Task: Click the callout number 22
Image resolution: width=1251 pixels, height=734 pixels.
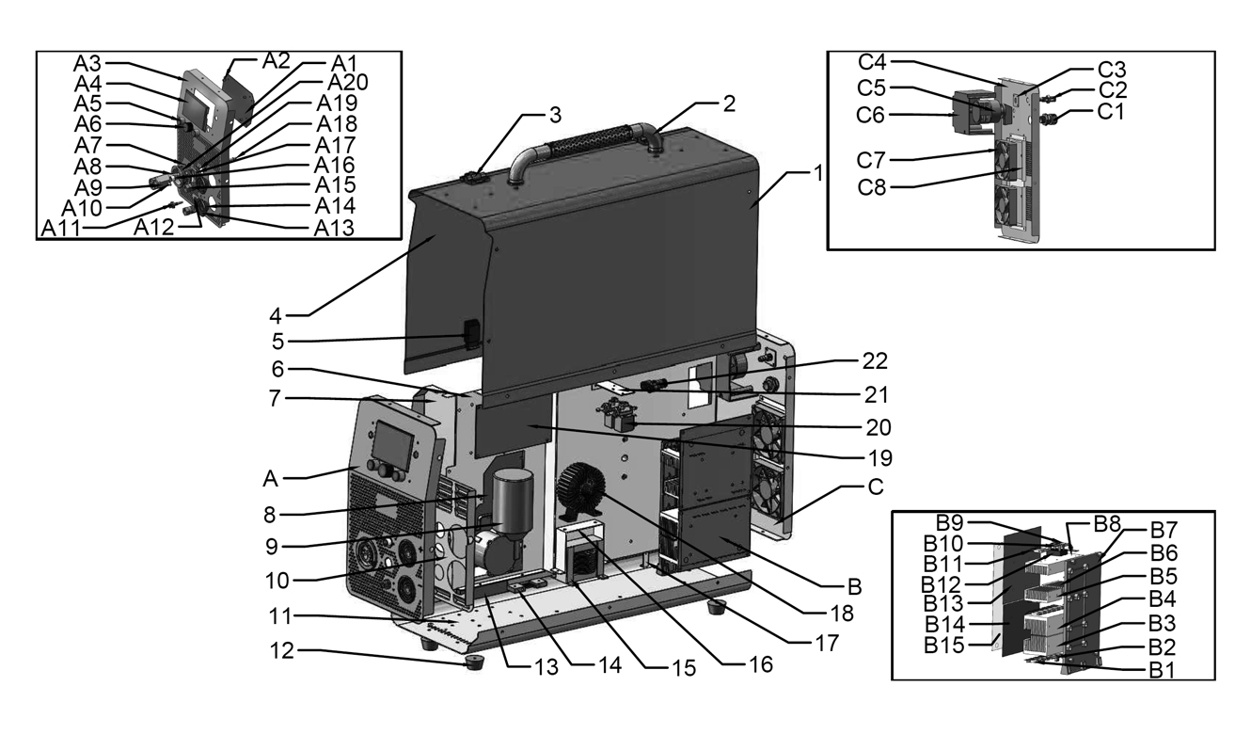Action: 874,361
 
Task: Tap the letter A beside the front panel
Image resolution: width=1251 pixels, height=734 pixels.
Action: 269,478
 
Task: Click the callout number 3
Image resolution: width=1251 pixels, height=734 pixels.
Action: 556,115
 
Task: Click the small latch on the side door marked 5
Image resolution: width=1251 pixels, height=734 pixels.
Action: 471,335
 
